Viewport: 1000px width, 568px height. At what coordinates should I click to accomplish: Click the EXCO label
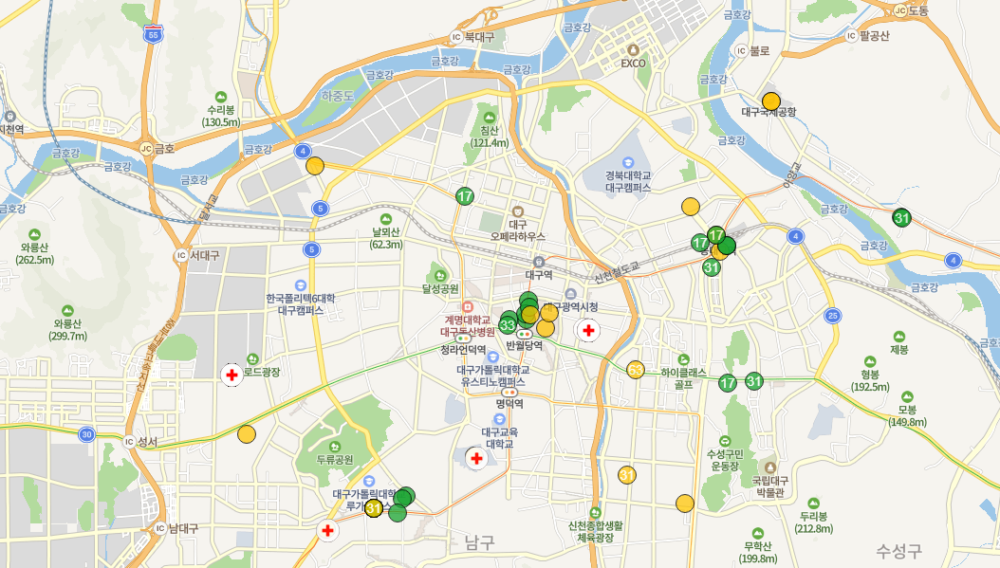[633, 64]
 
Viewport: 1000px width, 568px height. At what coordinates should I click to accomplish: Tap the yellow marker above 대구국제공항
[771, 101]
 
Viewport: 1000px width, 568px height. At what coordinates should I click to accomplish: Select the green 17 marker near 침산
[465, 196]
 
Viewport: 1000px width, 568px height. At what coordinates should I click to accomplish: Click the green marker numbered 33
[507, 325]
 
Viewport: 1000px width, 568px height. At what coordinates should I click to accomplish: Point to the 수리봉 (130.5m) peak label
[221, 115]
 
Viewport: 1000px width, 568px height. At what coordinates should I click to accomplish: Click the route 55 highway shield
[154, 34]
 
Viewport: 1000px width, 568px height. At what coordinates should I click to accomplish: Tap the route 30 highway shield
[86, 434]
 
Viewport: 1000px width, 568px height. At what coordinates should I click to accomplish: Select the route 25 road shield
[833, 315]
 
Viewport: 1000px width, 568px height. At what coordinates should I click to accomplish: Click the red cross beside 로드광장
[231, 375]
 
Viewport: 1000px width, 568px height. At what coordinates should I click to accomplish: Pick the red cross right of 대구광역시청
[588, 331]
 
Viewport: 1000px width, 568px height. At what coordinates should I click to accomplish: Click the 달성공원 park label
[440, 287]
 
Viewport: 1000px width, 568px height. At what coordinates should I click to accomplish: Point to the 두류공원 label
[335, 459]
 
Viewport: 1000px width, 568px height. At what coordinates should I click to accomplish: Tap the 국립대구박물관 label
[769, 486]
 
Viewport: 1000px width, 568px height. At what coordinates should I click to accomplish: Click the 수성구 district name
[899, 549]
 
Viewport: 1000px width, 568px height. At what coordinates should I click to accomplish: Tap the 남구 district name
[480, 542]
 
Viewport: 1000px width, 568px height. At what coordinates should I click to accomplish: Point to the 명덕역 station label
[509, 403]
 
